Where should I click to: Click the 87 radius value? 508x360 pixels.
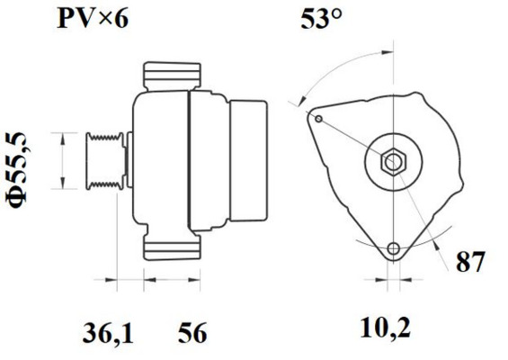[470, 264]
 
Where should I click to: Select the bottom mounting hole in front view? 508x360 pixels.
[392, 249]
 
